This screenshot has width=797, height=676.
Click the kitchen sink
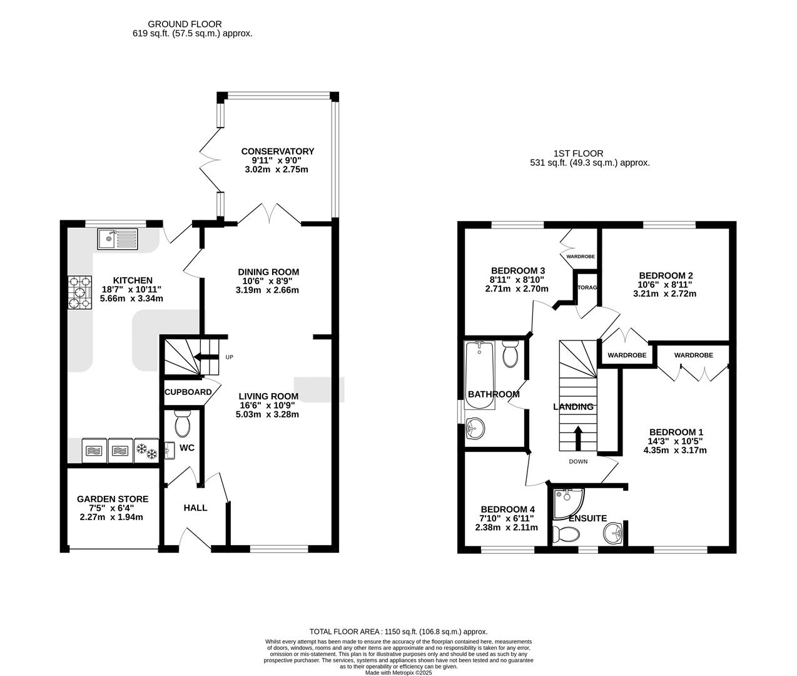(117, 239)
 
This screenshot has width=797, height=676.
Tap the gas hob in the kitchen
(80, 292)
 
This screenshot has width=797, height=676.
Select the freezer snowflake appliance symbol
(146, 451)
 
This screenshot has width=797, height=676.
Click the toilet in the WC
(183, 424)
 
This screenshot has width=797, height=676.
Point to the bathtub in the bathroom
(480, 375)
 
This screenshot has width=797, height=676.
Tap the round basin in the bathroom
(475, 428)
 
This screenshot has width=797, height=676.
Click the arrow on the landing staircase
(577, 438)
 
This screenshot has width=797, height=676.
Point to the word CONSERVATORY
(278, 151)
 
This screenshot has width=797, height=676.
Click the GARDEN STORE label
(113, 499)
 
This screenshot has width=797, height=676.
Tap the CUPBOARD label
(188, 392)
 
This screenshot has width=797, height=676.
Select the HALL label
(195, 508)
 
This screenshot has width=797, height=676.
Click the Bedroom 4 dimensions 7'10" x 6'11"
(507, 518)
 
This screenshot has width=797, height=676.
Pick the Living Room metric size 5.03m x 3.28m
(267, 414)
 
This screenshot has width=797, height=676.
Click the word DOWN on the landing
(579, 461)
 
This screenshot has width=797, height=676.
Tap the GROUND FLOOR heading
(185, 24)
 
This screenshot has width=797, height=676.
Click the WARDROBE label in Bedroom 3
(581, 257)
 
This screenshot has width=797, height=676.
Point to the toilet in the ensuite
(566, 535)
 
